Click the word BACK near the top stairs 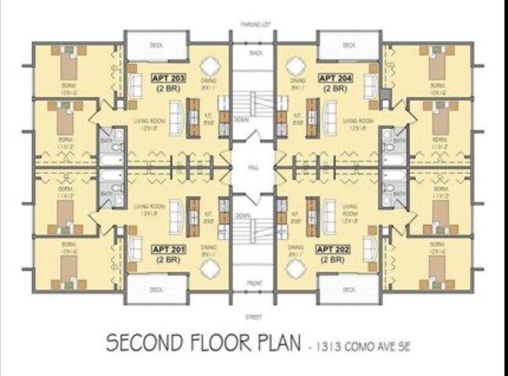tap(256, 53)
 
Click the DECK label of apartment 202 tap(349, 288)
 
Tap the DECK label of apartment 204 tap(349, 45)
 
